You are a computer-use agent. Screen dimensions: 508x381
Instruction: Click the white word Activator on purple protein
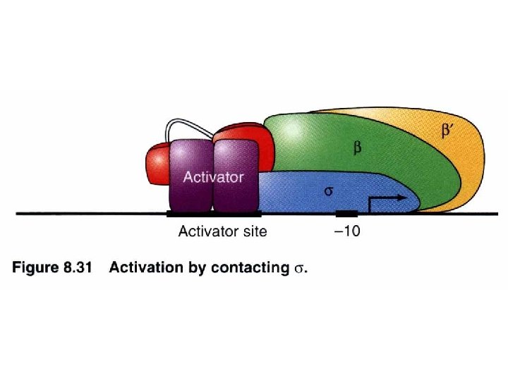(x=213, y=177)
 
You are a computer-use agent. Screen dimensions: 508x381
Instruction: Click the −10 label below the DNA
(x=346, y=231)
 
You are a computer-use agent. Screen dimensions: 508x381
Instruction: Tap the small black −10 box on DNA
(x=346, y=213)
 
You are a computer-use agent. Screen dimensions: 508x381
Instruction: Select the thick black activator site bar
(x=214, y=213)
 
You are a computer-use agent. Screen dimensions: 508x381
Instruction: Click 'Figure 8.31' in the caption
(x=52, y=269)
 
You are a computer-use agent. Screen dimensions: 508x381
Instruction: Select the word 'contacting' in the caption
(x=250, y=269)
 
